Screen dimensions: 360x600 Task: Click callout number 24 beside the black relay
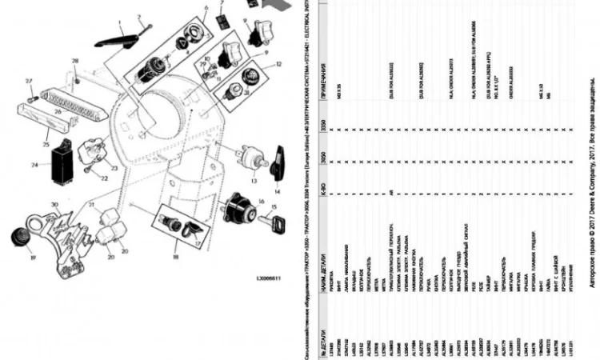[34, 166]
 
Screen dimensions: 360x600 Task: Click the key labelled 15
[276, 221]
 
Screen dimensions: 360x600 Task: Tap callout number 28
[75, 61]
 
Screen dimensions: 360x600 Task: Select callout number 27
[28, 80]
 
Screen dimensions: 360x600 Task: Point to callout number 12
[278, 64]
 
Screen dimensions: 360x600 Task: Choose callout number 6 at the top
[205, 8]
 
